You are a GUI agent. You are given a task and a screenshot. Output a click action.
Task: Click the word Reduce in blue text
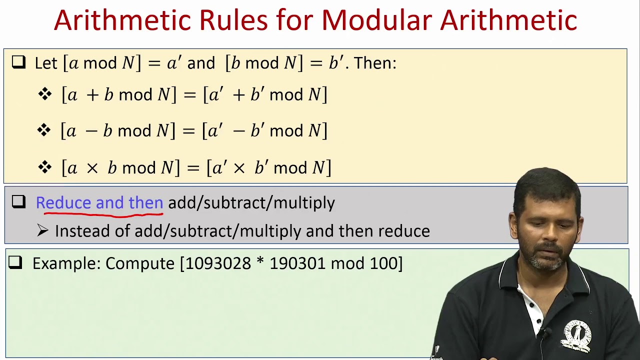pos(63,202)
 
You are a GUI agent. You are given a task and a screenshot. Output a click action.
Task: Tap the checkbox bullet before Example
pos(15,262)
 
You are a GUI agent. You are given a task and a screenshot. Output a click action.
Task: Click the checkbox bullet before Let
pos(18,62)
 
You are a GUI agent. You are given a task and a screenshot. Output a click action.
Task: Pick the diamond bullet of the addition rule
pos(44,94)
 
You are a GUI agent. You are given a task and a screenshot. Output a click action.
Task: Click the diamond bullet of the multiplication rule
pos(44,167)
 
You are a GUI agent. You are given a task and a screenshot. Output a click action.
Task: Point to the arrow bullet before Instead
pos(43,230)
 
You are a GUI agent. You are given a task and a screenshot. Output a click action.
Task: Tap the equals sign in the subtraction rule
pos(188,131)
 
